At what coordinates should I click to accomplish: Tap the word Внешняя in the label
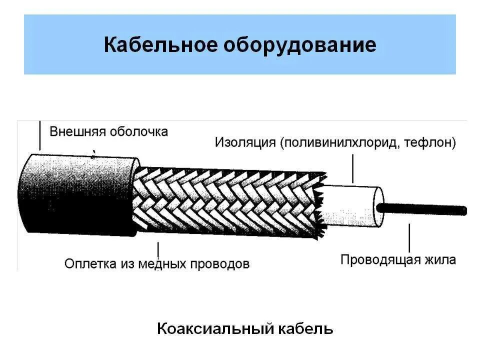coord(76,132)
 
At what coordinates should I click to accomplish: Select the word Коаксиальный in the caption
coord(215,328)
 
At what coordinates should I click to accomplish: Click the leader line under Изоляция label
coord(353,168)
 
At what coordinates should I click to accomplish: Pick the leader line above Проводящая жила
coord(409,237)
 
